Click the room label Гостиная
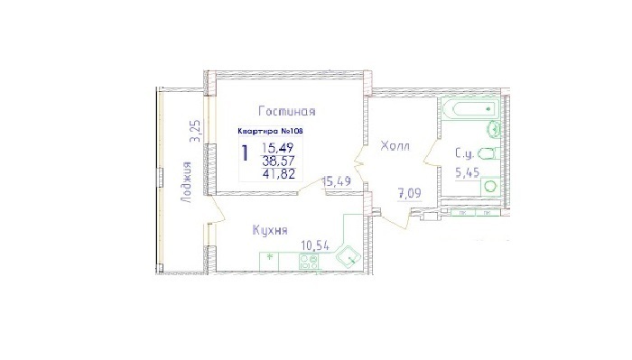point(287,111)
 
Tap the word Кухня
point(270,230)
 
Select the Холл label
point(395,146)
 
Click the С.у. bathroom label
point(465,153)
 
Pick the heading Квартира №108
point(270,131)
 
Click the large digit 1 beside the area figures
point(245,153)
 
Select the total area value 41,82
point(278,174)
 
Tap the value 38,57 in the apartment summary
point(278,162)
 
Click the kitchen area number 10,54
point(315,245)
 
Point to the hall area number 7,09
point(410,194)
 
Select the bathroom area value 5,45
point(467,173)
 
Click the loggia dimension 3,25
point(196,131)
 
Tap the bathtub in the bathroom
point(470,108)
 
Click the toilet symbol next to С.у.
point(489,153)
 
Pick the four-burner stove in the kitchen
point(309,262)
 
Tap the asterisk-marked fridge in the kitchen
point(270,262)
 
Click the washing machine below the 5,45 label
point(490,187)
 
